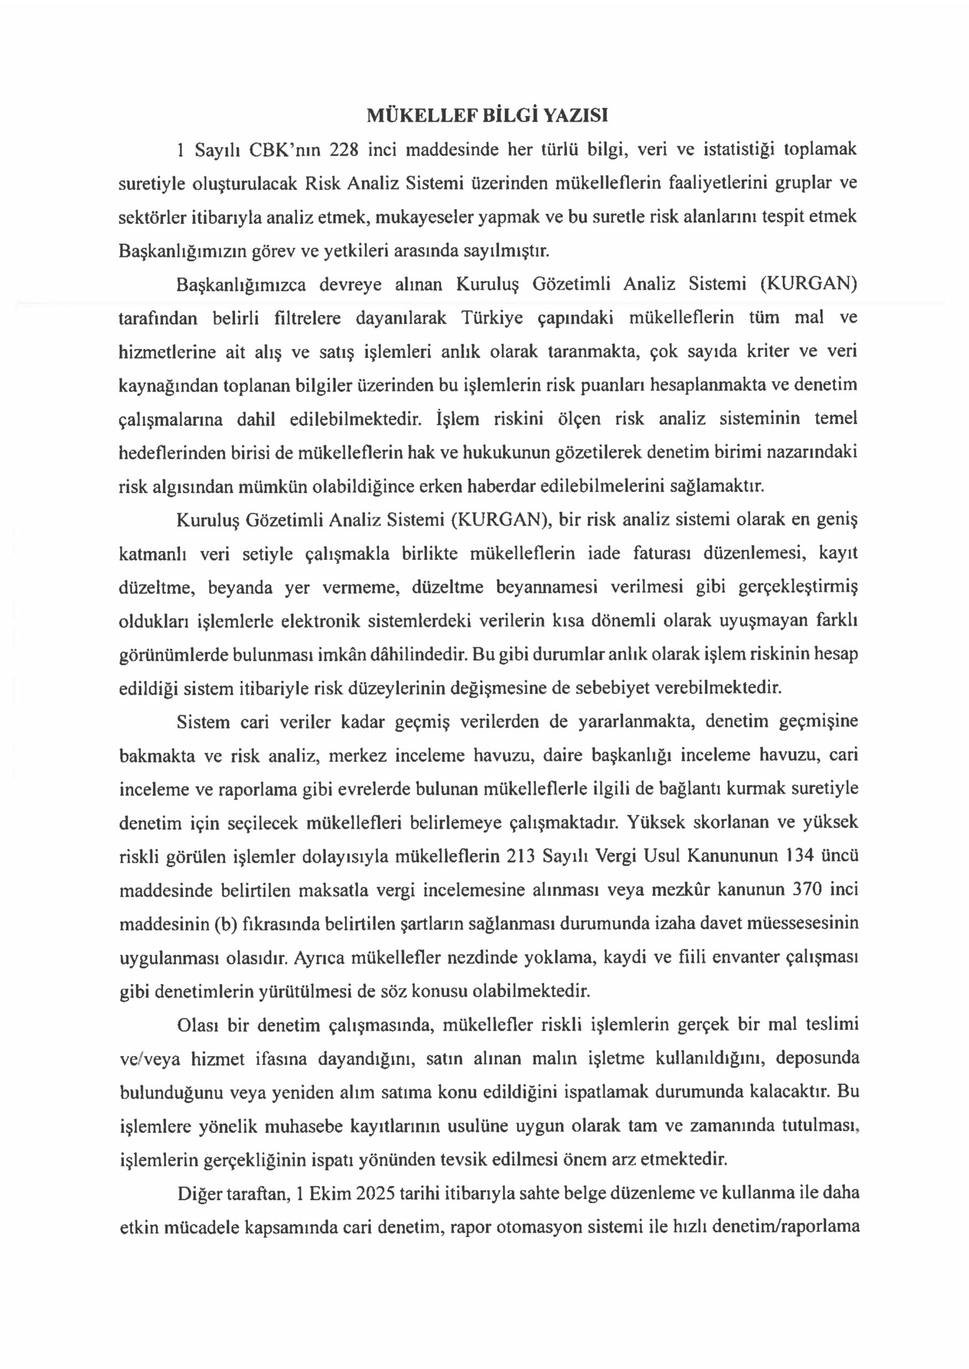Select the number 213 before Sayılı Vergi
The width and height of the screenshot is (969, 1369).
click(521, 857)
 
